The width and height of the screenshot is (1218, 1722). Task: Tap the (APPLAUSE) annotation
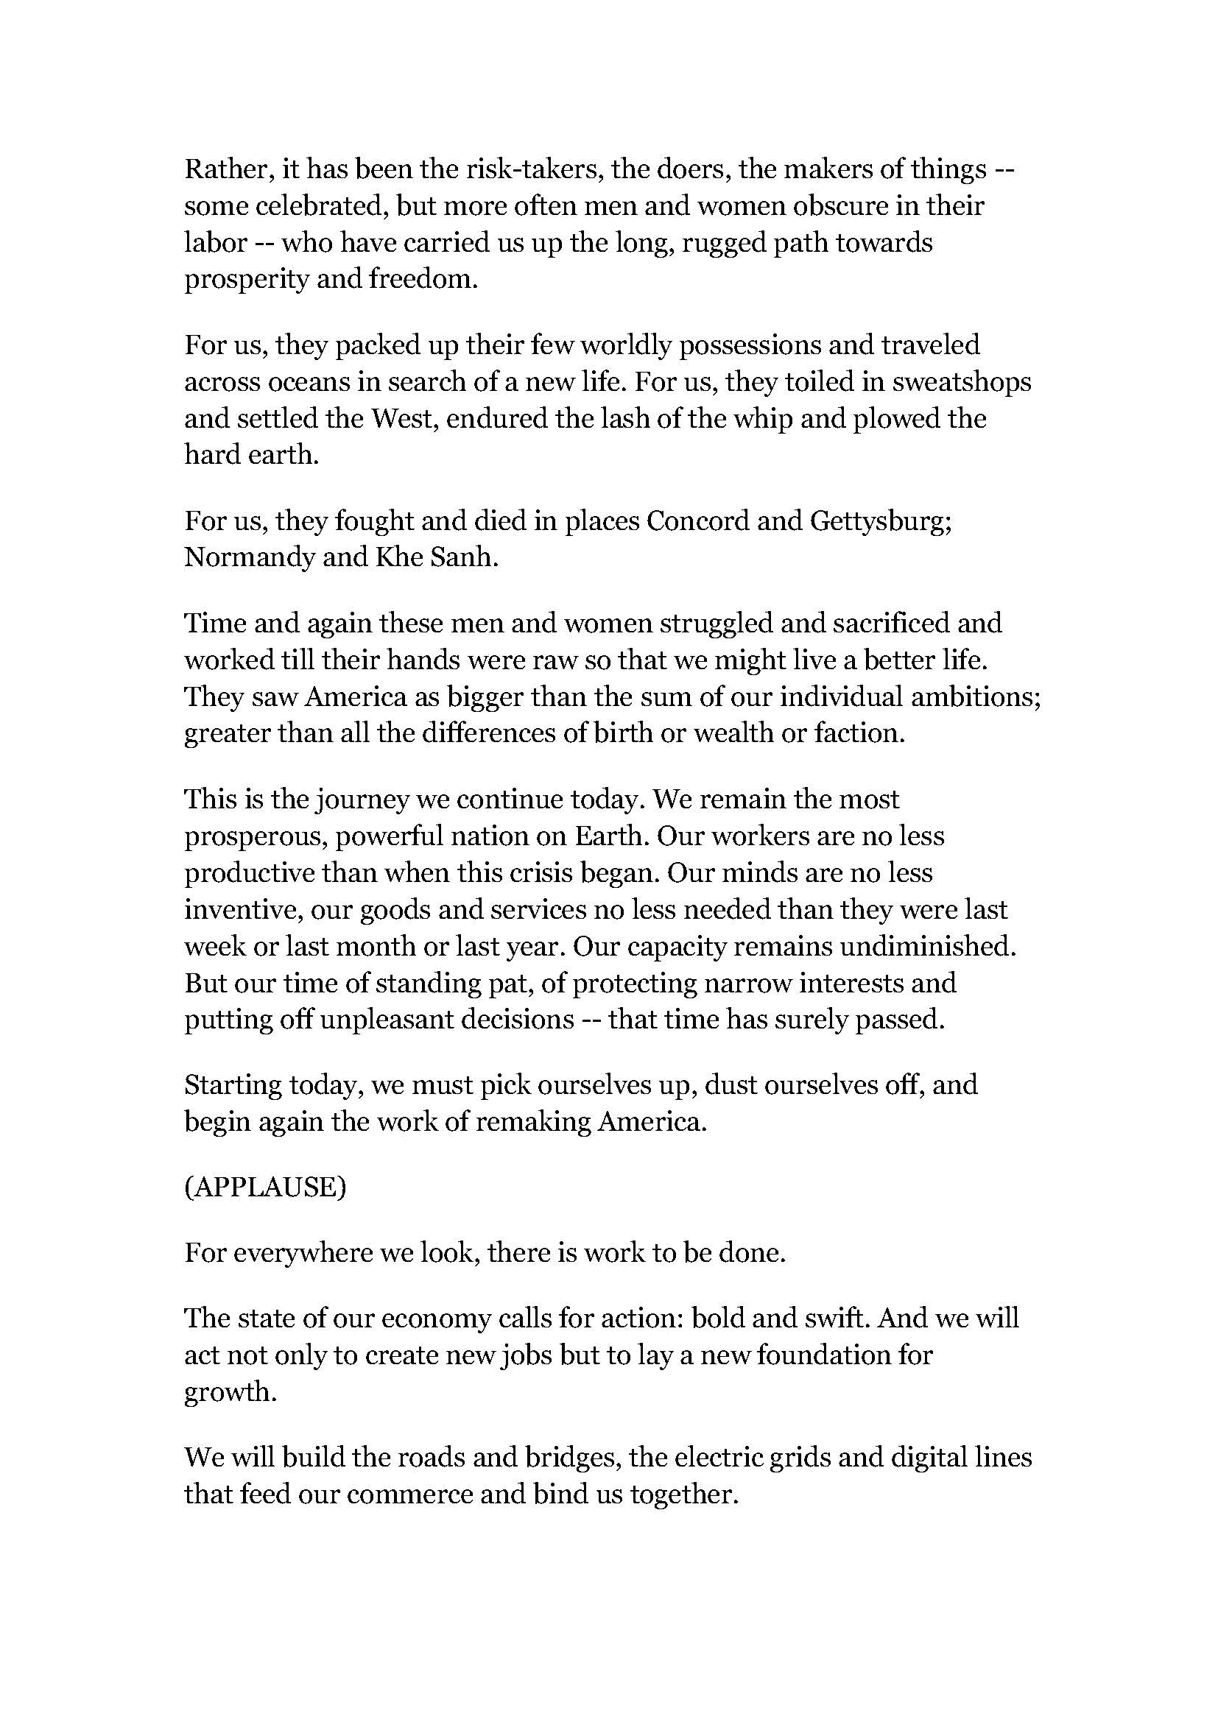[x=266, y=1188]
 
